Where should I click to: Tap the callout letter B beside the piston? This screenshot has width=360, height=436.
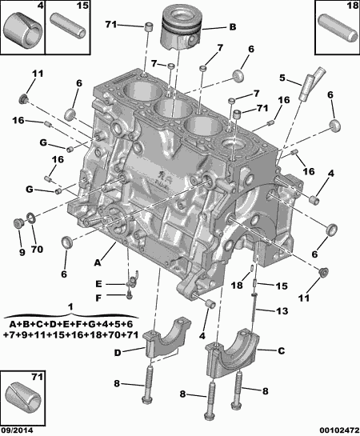point(232,26)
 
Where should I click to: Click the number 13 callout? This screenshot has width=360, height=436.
point(281,311)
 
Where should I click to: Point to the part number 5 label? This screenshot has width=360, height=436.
point(282,78)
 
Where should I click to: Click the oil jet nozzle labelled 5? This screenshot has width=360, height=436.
point(308,82)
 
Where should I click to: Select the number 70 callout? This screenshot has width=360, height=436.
point(35,252)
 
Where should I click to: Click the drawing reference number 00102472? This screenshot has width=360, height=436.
point(330,430)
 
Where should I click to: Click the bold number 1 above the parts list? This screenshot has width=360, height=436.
point(70,307)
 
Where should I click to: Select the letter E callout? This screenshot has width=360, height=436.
point(98,283)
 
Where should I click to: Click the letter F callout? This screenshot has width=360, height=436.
point(98,297)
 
